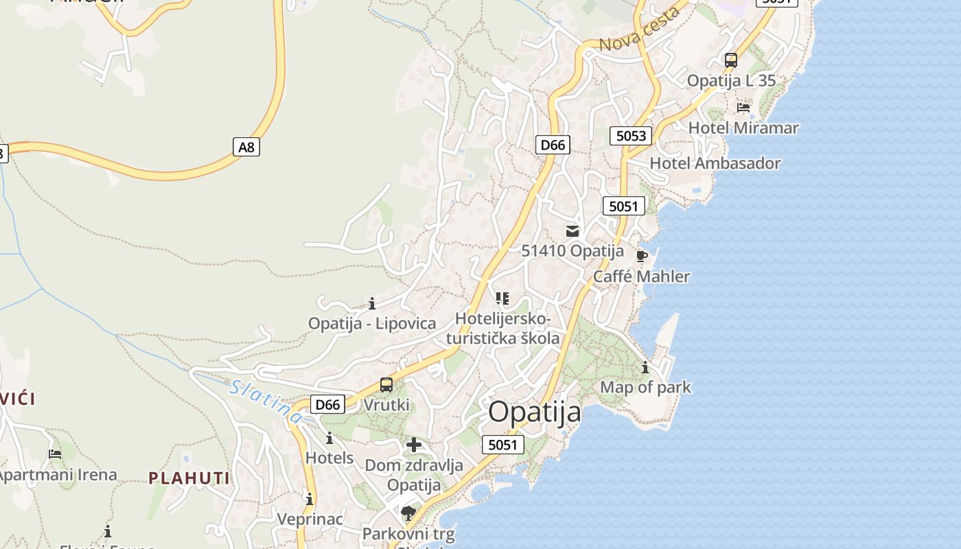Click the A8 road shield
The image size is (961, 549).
(x=246, y=146)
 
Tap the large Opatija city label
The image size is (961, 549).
(x=535, y=412)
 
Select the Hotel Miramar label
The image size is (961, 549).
(x=743, y=128)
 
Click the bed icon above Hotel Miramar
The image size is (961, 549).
(x=743, y=108)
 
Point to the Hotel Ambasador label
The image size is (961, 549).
(x=715, y=163)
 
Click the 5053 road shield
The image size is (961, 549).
(x=631, y=135)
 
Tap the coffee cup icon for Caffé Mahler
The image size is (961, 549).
(x=642, y=256)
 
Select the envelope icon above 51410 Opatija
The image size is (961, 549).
(x=572, y=231)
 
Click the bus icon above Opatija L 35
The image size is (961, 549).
(x=731, y=60)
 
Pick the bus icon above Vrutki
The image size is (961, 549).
(x=386, y=385)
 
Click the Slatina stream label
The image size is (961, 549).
(x=266, y=400)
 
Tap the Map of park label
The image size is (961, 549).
(x=645, y=387)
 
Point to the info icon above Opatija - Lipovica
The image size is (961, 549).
(x=372, y=303)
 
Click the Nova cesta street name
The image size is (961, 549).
(x=640, y=31)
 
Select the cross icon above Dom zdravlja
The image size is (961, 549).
(x=414, y=445)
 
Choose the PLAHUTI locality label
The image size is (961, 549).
(x=189, y=478)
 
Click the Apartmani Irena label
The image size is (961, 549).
(x=58, y=475)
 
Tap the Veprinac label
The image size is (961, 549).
(x=310, y=519)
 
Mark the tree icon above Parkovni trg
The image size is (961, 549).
(x=408, y=513)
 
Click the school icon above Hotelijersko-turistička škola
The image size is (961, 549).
(x=502, y=299)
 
